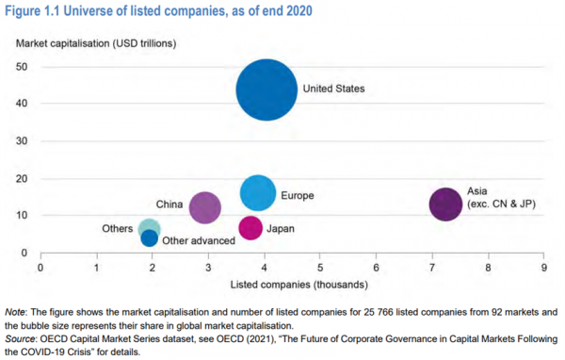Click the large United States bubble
266,90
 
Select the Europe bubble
258,193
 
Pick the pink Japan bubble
250,228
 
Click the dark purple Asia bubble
445,204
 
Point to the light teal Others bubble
150,228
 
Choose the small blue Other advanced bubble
150,238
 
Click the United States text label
333,90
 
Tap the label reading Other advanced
199,241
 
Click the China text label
169,205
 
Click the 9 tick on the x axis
544,267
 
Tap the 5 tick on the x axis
320,267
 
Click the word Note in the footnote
17,311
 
